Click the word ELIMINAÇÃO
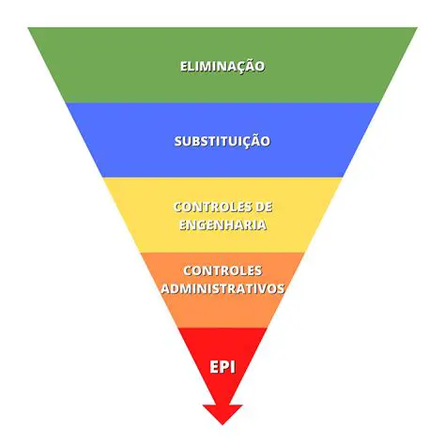(x=222, y=67)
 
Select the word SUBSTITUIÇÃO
(x=222, y=141)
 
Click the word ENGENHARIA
(x=222, y=225)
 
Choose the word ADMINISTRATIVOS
(x=222, y=289)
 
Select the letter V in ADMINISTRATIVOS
(x=264, y=289)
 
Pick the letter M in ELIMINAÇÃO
(x=207, y=67)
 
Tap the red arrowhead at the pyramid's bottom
(x=222, y=413)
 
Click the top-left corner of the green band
(x=29, y=28)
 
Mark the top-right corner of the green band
(x=416, y=28)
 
